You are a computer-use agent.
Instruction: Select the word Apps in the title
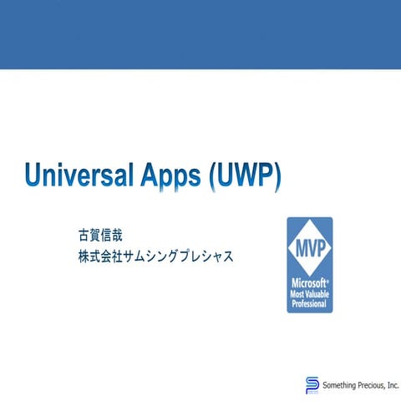coord(173,176)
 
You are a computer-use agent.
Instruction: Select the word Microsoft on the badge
coord(308,282)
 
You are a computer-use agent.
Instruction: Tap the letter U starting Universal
coord(33,176)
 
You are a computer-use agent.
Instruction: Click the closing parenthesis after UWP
coord(277,176)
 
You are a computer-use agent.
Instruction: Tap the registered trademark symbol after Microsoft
coord(326,279)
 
